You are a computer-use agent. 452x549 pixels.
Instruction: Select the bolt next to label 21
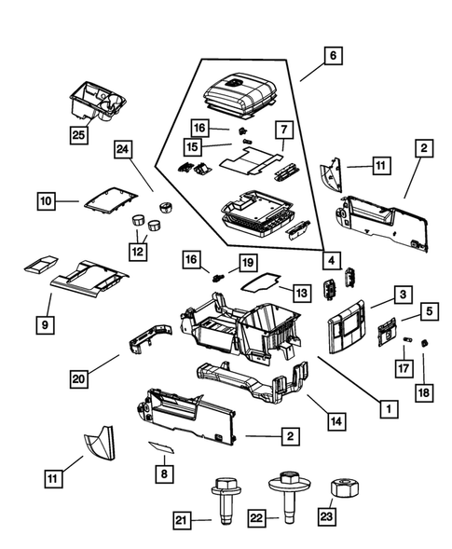[x=223, y=500]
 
